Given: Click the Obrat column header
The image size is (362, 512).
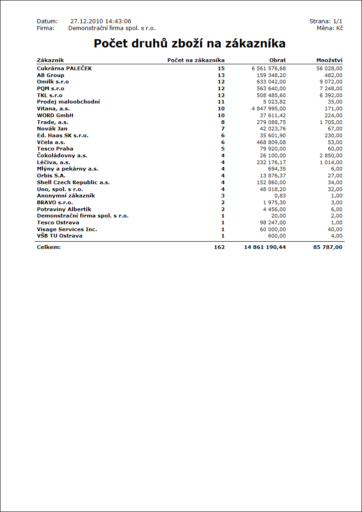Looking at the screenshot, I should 277,60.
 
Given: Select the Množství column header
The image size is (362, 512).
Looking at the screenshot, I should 329,60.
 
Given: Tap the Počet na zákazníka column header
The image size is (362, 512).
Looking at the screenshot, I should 196,60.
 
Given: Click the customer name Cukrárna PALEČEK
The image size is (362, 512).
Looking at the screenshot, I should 64,68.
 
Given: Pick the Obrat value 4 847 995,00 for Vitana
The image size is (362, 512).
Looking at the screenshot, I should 269,109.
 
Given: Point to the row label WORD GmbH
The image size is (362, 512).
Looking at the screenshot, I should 55,115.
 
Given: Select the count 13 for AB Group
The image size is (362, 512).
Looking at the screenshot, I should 221,75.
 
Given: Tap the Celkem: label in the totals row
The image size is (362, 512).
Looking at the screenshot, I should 49,247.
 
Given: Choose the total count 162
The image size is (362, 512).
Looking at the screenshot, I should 219,247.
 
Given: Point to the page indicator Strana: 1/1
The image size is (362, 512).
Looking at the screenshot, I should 326,21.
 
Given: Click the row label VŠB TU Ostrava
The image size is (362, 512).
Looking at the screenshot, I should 60,236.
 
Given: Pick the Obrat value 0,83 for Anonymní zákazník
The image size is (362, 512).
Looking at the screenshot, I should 280,196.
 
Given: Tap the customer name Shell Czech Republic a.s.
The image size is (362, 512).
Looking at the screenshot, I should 73,182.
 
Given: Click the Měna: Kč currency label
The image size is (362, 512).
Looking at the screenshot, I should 330,28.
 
